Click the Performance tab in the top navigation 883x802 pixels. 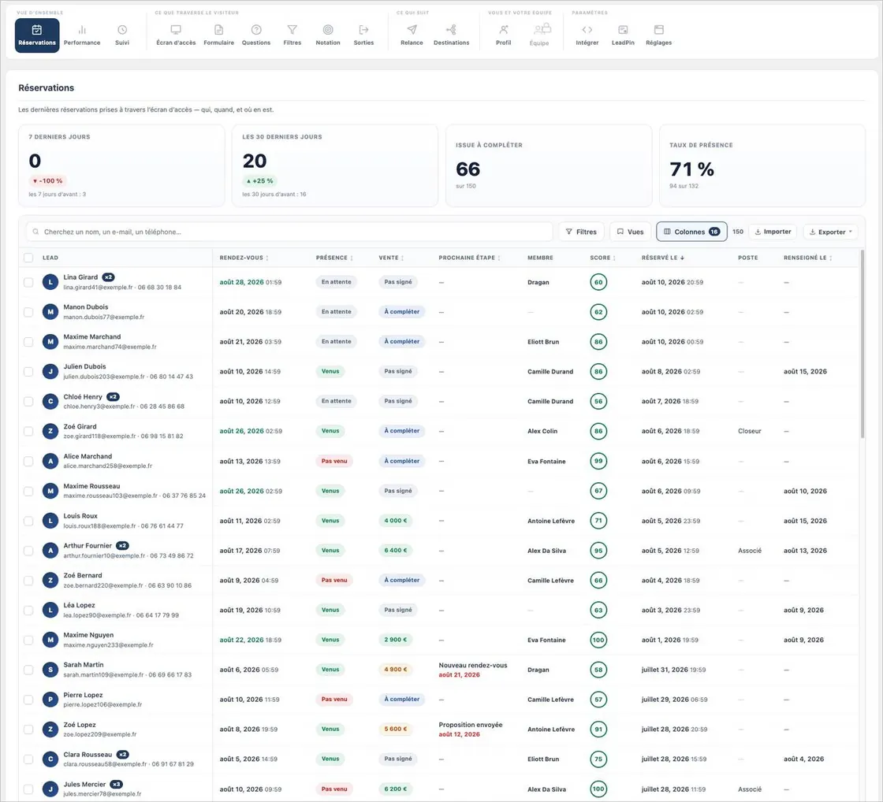[x=82, y=35]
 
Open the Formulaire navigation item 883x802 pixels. [x=218, y=35]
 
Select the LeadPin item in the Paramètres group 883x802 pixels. [x=623, y=35]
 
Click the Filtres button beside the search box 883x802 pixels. [x=581, y=232]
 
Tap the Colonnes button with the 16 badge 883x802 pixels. [x=691, y=232]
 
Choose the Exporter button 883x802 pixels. [x=831, y=232]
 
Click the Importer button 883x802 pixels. [x=773, y=232]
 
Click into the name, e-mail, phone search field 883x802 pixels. [x=289, y=232]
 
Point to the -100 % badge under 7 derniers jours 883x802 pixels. [x=48, y=181]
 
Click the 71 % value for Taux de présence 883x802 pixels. [x=691, y=169]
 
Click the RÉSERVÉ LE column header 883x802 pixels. [x=663, y=258]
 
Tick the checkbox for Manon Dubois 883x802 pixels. [x=28, y=312]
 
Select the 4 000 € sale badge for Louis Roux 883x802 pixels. [x=395, y=521]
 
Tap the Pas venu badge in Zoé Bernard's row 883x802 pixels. [x=334, y=581]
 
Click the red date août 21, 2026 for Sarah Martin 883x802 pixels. [x=459, y=675]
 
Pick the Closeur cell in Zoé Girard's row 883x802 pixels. [x=750, y=431]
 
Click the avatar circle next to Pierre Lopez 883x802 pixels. [x=50, y=700]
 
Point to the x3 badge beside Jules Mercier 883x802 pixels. [x=116, y=785]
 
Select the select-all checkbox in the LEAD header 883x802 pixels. [x=28, y=258]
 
